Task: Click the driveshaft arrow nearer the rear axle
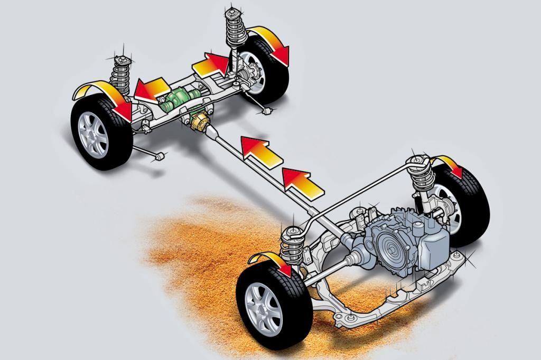259,150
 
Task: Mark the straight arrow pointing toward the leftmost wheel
151,89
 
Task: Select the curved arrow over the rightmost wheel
449,164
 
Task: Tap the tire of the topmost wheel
275,74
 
